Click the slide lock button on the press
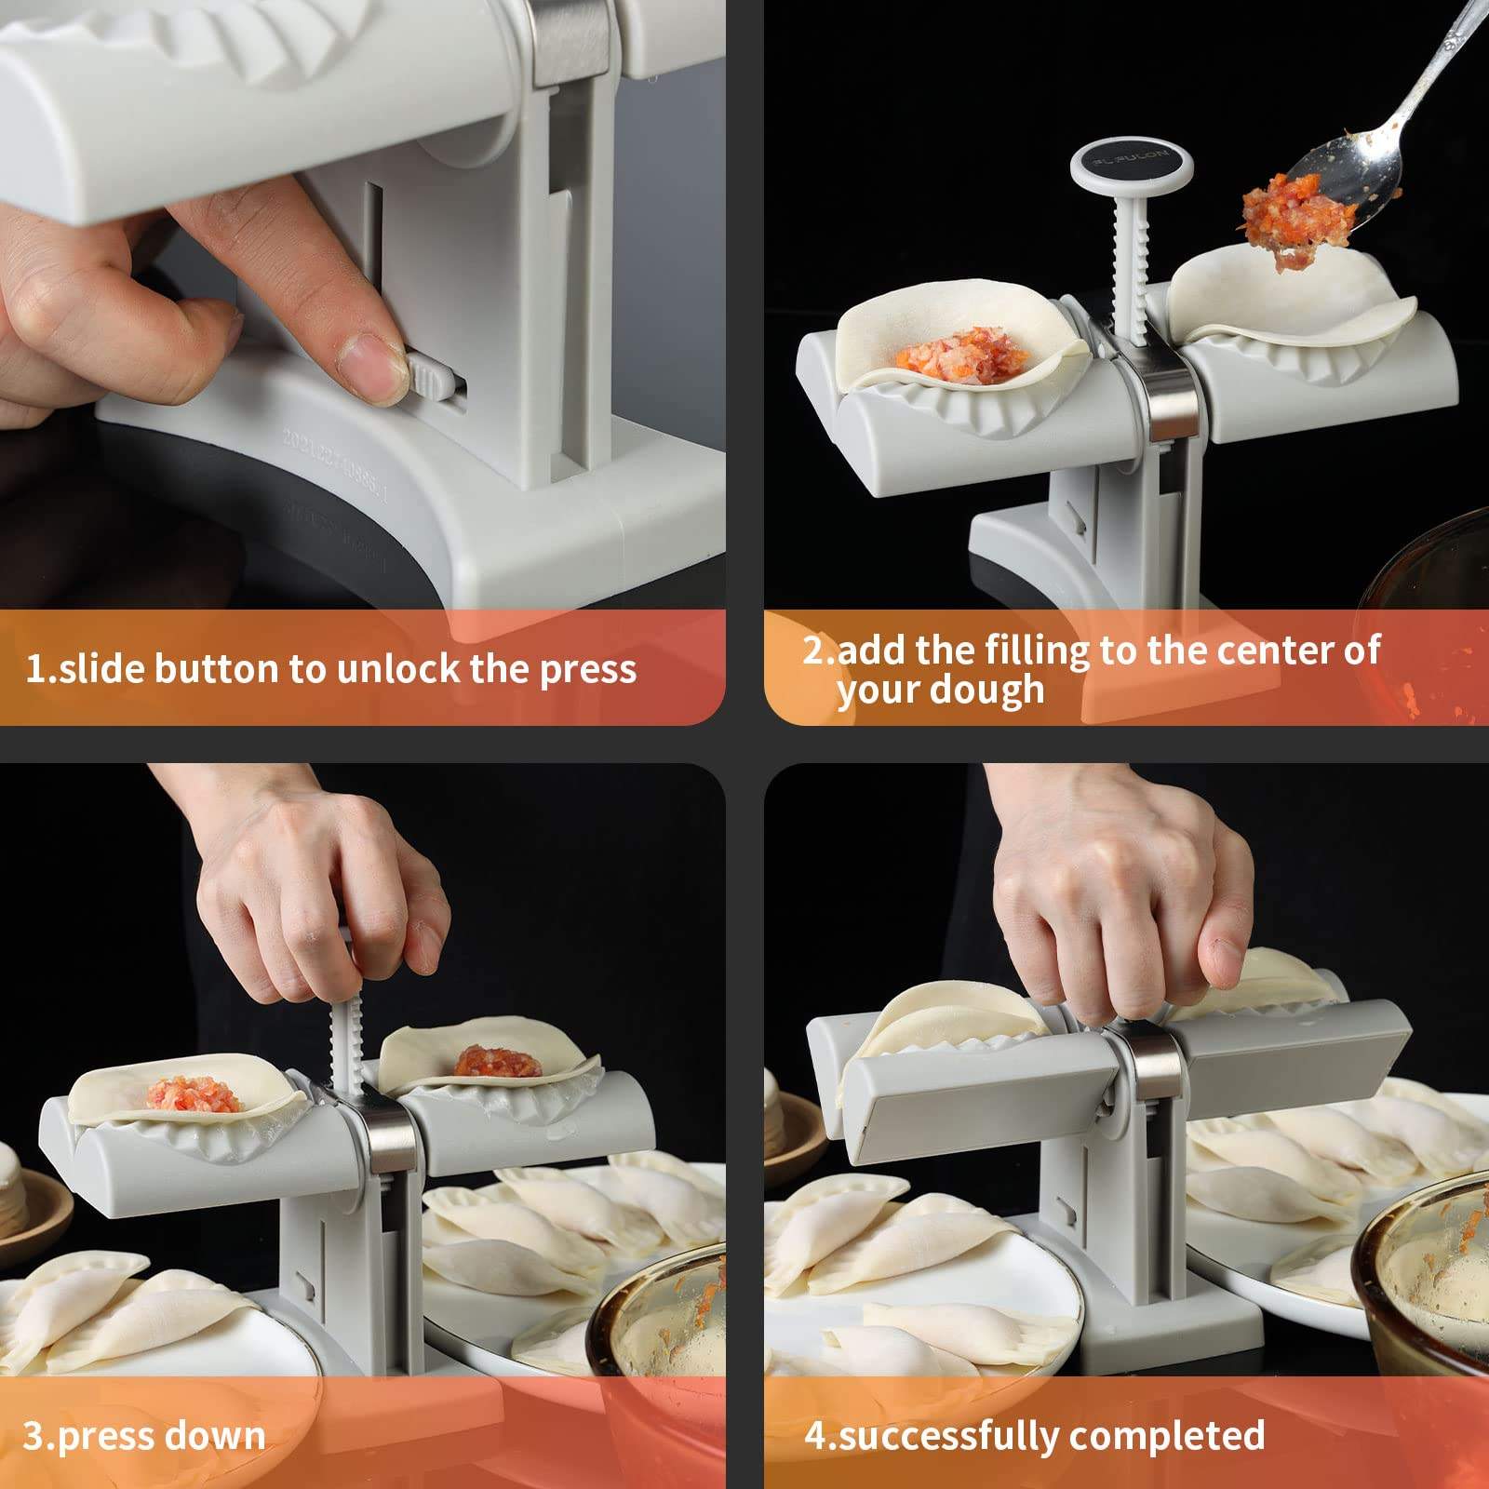click(431, 379)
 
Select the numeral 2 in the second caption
click(813, 650)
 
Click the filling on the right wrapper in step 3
click(497, 1060)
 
